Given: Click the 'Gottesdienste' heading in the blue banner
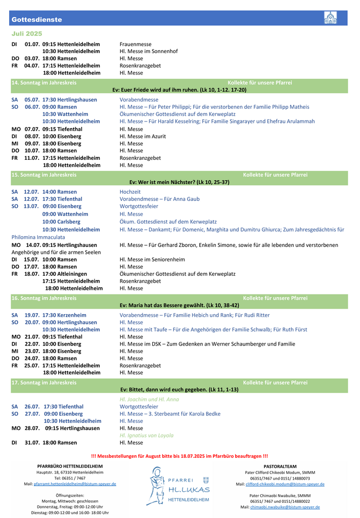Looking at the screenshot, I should pyautogui.click(x=37, y=20).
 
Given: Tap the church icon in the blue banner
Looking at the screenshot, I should pyautogui.click(x=330, y=18).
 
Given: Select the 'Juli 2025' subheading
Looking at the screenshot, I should pyautogui.click(x=27, y=33).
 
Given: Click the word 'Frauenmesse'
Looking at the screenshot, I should pyautogui.click(x=136, y=44).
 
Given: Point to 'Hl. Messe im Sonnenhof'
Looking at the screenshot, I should pyautogui.click(x=149, y=51).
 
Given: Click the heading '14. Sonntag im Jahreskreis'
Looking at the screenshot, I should pyautogui.click(x=44, y=82).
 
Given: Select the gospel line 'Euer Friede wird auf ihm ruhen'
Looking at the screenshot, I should pyautogui.click(x=179, y=90).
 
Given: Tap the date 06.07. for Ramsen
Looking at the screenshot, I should pyautogui.click(x=32, y=107).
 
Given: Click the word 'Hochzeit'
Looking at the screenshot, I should pyautogui.click(x=130, y=192).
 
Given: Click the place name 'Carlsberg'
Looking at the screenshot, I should pyautogui.click(x=69, y=222).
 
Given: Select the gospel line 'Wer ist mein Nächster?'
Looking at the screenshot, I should pyautogui.click(x=179, y=182).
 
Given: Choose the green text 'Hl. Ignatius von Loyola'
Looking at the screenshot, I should pyautogui.click(x=147, y=435).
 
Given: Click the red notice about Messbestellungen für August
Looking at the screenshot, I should pyautogui.click(x=179, y=456).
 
